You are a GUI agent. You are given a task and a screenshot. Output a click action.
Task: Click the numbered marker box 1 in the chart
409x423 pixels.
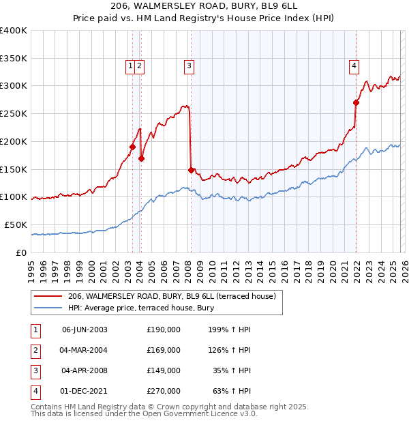click(x=130, y=66)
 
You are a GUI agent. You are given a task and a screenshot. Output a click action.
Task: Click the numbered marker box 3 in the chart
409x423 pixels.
click(x=188, y=66)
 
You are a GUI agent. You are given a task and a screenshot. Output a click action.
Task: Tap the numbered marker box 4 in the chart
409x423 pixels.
click(x=354, y=66)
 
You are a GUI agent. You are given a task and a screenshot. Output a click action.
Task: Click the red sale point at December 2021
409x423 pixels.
click(x=356, y=103)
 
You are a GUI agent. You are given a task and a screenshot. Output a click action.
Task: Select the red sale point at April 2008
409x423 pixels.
click(x=191, y=169)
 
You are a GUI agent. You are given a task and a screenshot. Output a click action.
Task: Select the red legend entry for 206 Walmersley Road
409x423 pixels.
click(x=171, y=296)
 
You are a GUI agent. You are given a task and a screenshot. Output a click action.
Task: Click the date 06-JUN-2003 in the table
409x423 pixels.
click(x=85, y=330)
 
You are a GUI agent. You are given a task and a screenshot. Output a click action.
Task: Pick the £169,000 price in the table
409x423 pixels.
click(x=164, y=350)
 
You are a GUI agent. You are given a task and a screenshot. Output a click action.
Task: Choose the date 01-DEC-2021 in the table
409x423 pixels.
click(x=85, y=391)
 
